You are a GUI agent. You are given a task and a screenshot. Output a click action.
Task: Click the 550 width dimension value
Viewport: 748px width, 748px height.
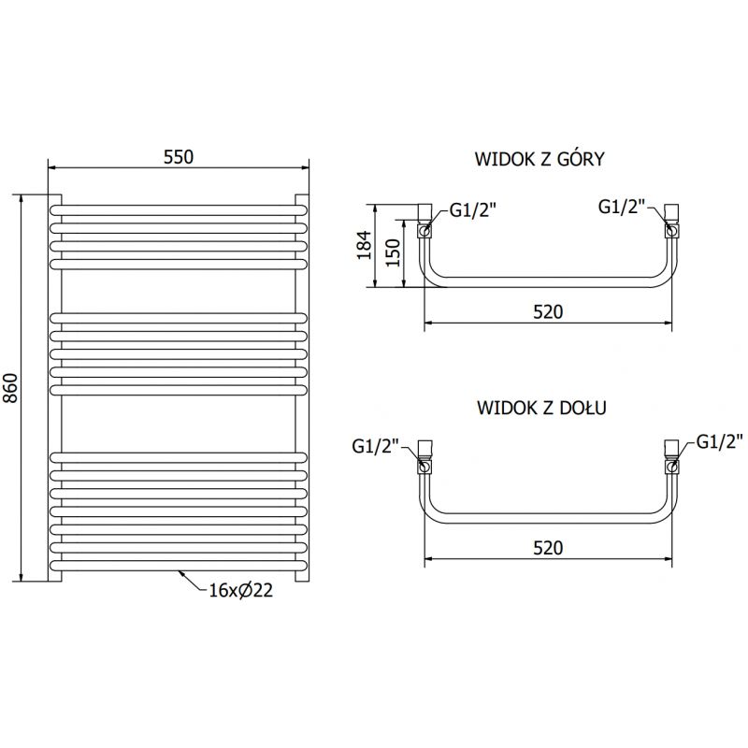[x=178, y=158]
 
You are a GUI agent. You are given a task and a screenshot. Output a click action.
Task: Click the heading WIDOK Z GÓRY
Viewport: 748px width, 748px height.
[x=540, y=159]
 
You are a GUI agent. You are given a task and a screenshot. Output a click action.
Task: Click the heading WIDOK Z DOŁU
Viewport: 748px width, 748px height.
[x=541, y=409]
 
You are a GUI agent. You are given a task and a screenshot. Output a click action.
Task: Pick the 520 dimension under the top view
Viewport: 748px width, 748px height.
[x=548, y=312]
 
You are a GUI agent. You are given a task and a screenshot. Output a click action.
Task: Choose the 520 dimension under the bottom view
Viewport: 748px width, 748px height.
[x=548, y=549]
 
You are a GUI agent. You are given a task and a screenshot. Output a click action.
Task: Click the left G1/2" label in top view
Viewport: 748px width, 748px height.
[x=473, y=210]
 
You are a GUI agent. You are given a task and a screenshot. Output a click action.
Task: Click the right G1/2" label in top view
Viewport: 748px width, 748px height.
[x=622, y=207]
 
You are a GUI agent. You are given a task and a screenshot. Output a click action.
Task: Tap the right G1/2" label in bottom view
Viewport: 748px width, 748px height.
[x=718, y=439]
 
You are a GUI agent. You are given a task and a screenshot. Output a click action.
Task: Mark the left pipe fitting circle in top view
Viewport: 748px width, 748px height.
[x=425, y=228]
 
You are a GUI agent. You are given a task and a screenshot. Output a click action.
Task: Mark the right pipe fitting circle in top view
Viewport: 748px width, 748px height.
[x=670, y=228]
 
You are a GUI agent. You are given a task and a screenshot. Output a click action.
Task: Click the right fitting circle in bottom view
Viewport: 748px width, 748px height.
[x=670, y=465]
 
